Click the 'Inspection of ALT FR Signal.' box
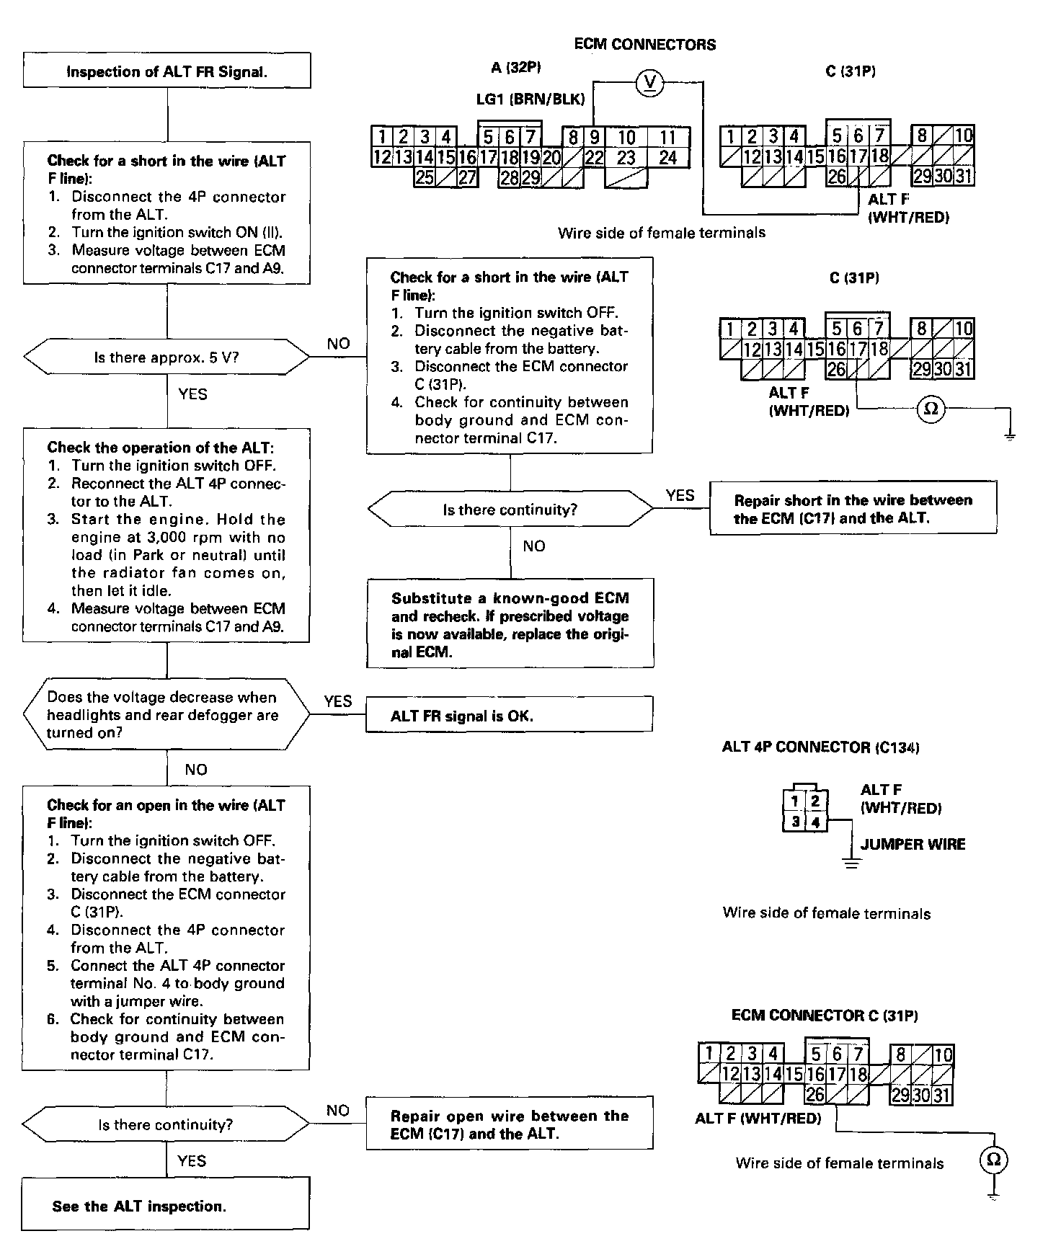click(167, 71)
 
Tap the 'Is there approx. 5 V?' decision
click(167, 357)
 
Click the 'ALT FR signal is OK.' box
click(510, 715)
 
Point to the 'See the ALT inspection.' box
click(165, 1206)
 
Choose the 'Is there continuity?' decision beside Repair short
click(510, 510)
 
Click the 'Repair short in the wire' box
click(853, 508)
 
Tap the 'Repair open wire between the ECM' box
click(510, 1124)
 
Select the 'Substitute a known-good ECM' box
click(510, 624)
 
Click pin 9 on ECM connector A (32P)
click(595, 137)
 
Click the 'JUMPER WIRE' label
click(913, 844)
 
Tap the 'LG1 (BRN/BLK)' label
click(530, 99)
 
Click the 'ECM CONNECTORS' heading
click(644, 45)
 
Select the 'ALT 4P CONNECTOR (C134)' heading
click(820, 747)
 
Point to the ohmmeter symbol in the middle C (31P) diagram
click(931, 409)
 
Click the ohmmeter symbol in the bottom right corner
click(994, 1160)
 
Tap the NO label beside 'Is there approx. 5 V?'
click(339, 344)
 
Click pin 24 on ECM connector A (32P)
click(668, 157)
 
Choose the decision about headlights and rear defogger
click(167, 714)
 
